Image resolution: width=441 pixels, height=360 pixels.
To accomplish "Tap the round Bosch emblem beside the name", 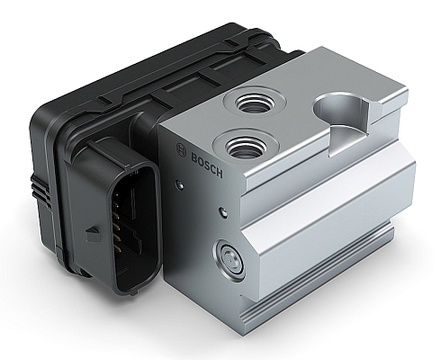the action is pos(181,150).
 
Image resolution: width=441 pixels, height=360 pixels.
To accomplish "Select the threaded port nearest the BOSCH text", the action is pos(246,147).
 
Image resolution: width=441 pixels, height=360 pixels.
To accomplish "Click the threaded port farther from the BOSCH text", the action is pos(255,103).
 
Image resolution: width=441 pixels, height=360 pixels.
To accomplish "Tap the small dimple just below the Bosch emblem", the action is pos(180,184).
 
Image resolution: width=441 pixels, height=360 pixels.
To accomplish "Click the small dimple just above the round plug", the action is pos(223,212).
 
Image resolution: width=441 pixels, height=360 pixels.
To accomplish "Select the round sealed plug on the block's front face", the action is pos(229,260).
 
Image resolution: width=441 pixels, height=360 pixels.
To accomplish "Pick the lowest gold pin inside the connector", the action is pos(116,247).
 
